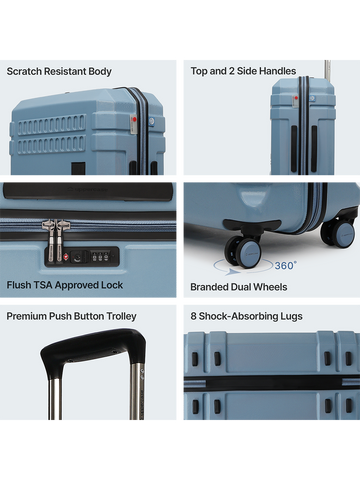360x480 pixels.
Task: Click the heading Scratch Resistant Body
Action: [x=59, y=72]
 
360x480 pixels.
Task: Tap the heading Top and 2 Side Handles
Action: [x=243, y=71]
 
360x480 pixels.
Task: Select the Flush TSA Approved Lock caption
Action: [x=65, y=285]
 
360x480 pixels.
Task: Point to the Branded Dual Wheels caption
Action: [x=239, y=287]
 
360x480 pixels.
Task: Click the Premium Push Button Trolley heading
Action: [x=71, y=316]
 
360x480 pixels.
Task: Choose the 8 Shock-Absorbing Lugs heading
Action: [x=247, y=316]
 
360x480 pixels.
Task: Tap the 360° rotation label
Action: [x=286, y=265]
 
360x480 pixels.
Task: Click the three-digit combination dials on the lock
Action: [x=100, y=257]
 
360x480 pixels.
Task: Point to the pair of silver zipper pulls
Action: [x=55, y=240]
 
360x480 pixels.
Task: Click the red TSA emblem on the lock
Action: [x=66, y=257]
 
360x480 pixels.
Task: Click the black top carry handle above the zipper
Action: [x=88, y=192]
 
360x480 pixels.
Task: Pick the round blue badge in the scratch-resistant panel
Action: [x=151, y=121]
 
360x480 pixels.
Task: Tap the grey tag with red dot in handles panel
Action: [x=295, y=101]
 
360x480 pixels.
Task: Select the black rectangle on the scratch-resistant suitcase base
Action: [x=79, y=168]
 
